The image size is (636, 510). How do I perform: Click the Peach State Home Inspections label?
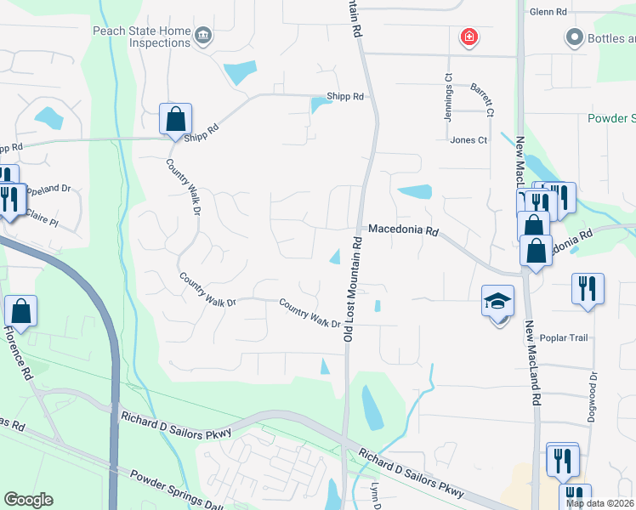click(142, 36)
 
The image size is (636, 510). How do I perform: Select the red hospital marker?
click(468, 37)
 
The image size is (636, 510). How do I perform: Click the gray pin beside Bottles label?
click(573, 37)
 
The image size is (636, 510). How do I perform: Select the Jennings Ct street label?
click(448, 97)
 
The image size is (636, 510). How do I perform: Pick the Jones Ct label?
click(468, 140)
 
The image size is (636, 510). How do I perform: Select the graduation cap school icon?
click(497, 301)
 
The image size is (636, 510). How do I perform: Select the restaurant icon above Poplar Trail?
click(588, 288)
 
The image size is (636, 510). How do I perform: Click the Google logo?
click(28, 500)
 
